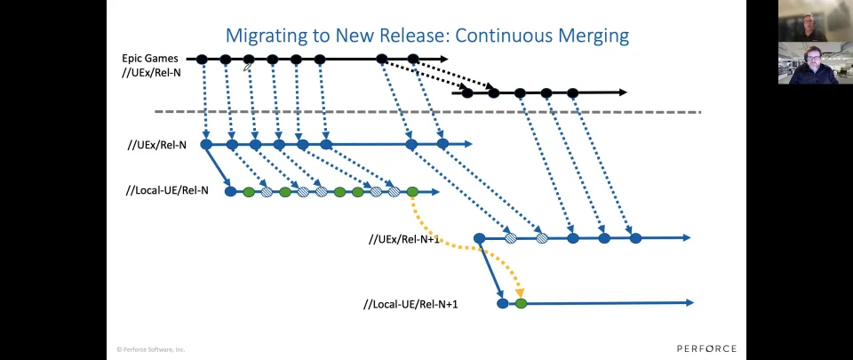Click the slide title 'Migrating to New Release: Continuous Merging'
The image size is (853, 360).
[x=427, y=36]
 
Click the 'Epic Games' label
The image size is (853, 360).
[x=149, y=58]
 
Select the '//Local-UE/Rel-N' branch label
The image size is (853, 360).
[x=167, y=191]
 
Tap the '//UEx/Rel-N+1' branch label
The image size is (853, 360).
[x=403, y=239]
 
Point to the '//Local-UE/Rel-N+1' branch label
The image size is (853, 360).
[x=411, y=304]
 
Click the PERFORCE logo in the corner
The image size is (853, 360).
[x=706, y=348]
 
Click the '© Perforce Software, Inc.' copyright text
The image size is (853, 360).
[x=151, y=349]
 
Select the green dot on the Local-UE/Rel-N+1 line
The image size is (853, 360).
[x=521, y=303]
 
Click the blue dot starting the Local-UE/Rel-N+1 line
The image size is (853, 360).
[x=503, y=303]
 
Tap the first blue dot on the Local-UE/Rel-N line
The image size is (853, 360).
[x=231, y=191]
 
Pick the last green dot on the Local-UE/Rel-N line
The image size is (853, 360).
[x=412, y=191]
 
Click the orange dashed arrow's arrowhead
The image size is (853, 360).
[x=520, y=293]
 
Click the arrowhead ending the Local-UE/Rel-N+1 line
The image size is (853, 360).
[x=690, y=303]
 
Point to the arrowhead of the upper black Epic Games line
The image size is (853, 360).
[x=444, y=59]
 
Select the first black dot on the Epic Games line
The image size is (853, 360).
[x=202, y=60]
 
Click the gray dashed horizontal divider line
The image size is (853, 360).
[x=427, y=112]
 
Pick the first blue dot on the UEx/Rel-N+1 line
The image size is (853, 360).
[x=479, y=238]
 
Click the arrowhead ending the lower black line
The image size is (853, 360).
[x=623, y=92]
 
